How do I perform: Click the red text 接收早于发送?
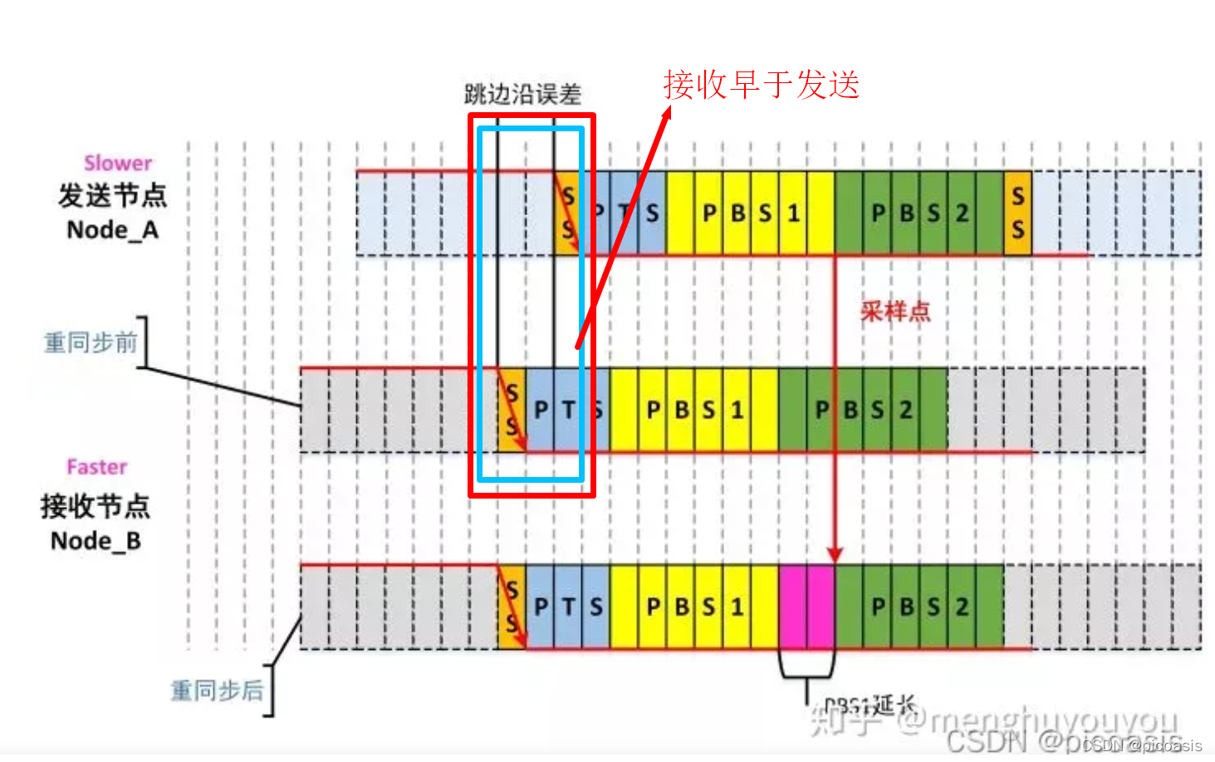pos(761,85)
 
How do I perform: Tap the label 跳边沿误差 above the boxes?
pos(522,94)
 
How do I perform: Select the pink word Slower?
pos(118,163)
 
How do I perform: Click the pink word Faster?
pos(97,467)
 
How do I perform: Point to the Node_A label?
pos(112,229)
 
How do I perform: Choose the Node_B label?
pos(96,541)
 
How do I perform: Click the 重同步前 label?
pos(91,342)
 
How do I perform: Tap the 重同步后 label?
pos(217,691)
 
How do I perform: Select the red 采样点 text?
pos(895,312)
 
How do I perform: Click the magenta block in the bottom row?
pos(806,606)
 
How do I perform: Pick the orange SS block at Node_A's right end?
pos(1017,213)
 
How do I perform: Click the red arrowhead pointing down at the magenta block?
pos(835,554)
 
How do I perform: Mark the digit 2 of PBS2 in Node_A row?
pos(962,214)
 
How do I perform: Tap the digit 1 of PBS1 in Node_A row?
pos(793,214)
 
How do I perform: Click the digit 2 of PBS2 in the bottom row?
pos(962,607)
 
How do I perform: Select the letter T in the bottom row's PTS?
pos(568,607)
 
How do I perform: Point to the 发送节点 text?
pos(112,196)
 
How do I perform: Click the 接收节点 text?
pos(96,506)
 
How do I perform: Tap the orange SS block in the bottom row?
pos(512,607)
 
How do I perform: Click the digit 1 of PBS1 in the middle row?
pos(737,410)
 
